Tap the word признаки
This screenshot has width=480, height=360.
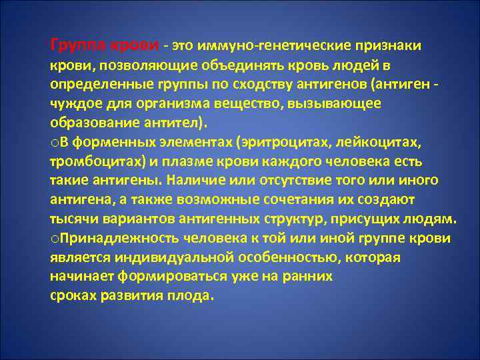pyautogui.click(x=387, y=46)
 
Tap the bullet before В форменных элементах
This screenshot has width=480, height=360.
pyautogui.click(x=54, y=143)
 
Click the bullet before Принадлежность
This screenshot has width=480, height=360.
pyautogui.click(x=54, y=239)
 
